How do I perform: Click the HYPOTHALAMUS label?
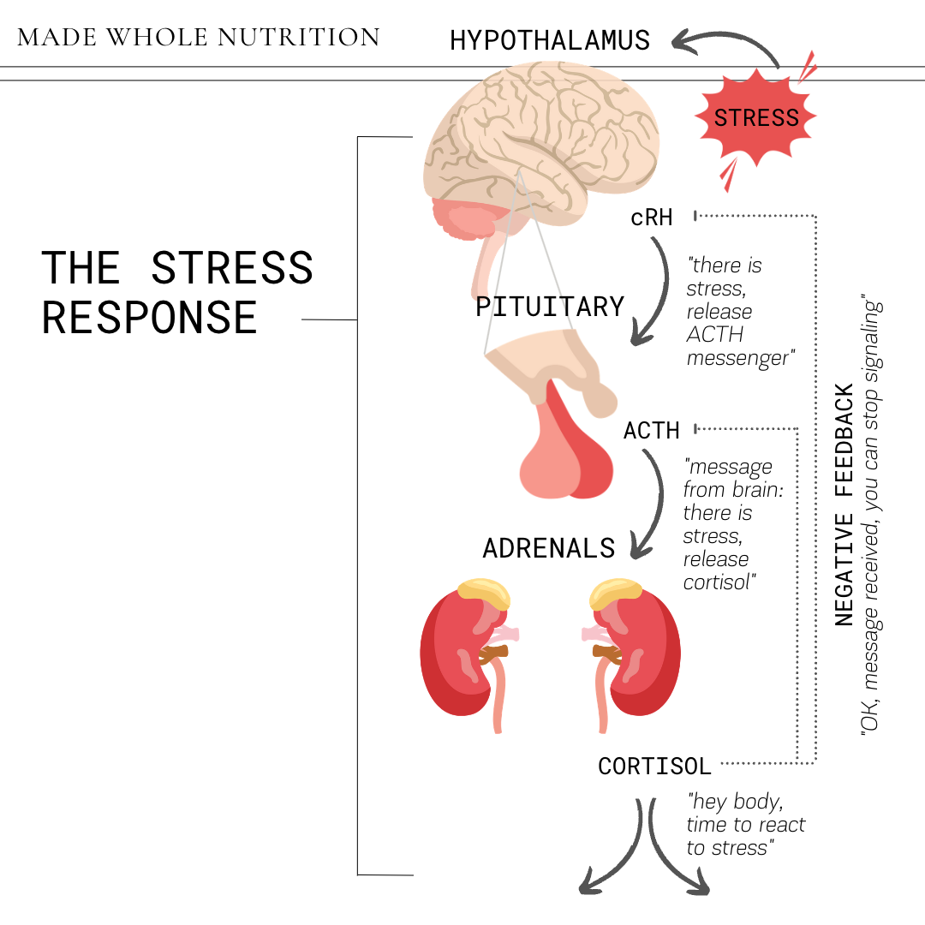550,40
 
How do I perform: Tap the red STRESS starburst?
756,117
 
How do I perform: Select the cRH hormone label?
652,218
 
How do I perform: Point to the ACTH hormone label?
652,430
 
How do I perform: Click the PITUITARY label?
550,307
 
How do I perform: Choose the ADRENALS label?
549,548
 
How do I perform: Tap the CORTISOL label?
654,766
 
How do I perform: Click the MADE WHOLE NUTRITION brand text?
198,38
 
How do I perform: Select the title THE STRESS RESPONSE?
177,292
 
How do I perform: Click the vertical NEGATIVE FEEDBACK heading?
844,505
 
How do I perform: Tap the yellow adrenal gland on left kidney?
484,590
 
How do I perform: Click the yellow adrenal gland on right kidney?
615,590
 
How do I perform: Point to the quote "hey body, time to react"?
745,825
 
